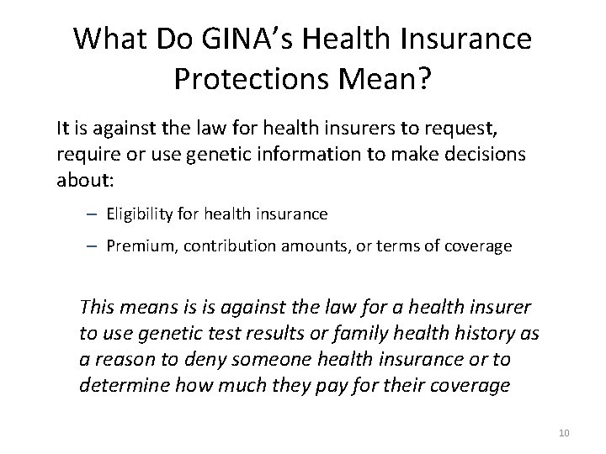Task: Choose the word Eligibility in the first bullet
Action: (x=141, y=214)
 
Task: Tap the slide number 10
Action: (x=563, y=432)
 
